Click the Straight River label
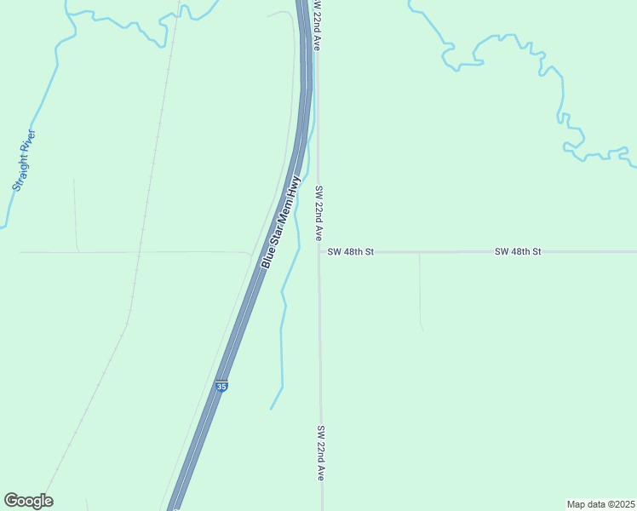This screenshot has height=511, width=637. tap(23, 160)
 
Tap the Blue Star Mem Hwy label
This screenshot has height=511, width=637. tap(281, 223)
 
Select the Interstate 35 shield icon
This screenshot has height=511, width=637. tap(221, 386)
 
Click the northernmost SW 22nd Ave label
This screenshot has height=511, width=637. tap(316, 26)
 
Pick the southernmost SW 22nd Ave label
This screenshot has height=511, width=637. tap(321, 454)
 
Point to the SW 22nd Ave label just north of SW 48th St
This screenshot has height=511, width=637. tap(318, 213)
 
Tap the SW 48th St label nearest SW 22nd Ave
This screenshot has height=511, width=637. tap(351, 252)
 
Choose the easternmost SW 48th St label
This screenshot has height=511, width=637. tap(518, 252)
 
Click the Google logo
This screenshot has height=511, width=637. tap(28, 501)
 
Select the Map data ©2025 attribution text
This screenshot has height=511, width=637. tap(601, 504)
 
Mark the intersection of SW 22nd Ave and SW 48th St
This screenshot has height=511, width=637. tap(319, 252)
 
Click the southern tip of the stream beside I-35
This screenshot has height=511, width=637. tap(271, 409)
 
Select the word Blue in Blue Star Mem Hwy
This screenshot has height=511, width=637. tap(267, 259)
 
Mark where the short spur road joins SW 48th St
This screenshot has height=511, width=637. tap(420, 253)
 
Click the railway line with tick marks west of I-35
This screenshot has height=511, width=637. tap(145, 213)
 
